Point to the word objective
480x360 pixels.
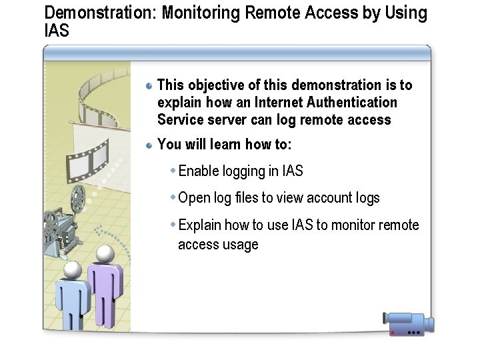pos(215,85)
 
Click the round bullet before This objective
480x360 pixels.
pos(150,85)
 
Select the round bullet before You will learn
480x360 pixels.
pos(150,145)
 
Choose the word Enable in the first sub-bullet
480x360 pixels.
pos(198,171)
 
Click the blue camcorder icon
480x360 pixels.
pos(408,323)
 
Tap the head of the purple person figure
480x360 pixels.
pos(104,254)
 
